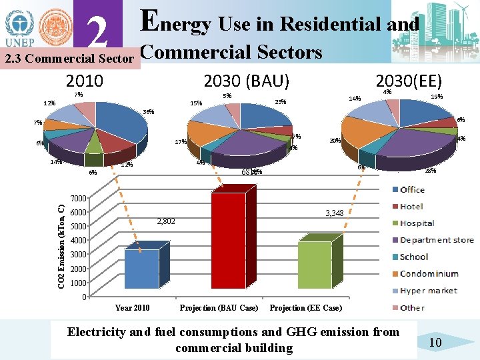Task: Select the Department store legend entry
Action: pos(436,240)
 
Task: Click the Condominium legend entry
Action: pos(429,273)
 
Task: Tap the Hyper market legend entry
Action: pos(428,291)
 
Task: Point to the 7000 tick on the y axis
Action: pos(79,199)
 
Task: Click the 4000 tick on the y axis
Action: pos(79,241)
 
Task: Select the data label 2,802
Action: pos(166,221)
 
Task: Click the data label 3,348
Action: pos(334,213)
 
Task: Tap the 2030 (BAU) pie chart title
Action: pos(246,81)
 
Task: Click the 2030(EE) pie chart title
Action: pos(409,81)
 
